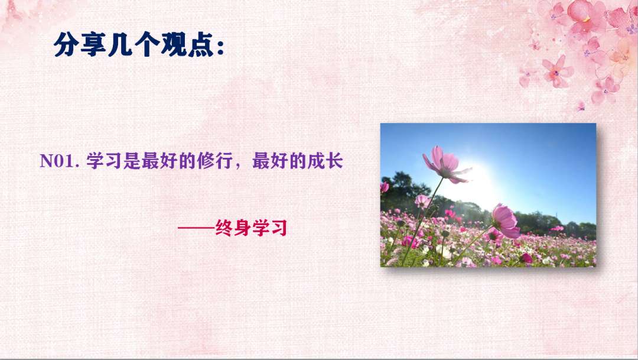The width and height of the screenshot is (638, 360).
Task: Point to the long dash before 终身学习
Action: (x=196, y=228)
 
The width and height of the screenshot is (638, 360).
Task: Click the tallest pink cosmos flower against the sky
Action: (x=444, y=164)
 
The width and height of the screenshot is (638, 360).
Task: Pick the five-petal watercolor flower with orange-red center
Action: (x=556, y=72)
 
